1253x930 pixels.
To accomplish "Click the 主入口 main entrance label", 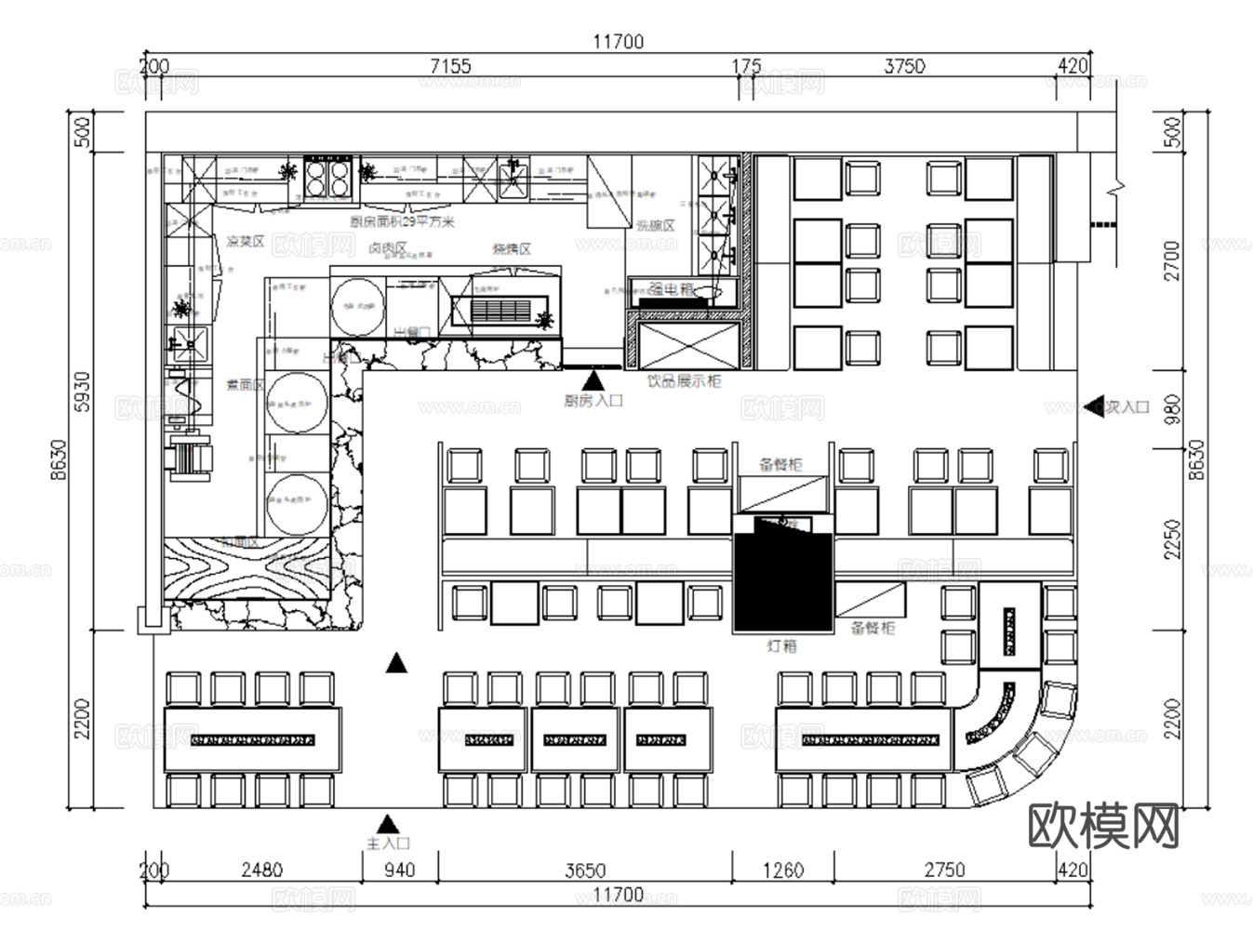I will (389, 844).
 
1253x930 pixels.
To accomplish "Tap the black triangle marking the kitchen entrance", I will (593, 379).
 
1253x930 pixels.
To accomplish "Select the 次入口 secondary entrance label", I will (1127, 407).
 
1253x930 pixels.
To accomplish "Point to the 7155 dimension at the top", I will (450, 66).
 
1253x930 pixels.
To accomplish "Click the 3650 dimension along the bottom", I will (585, 870).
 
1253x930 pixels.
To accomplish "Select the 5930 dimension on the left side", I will (83, 392).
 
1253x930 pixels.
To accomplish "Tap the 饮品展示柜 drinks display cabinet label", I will (684, 381).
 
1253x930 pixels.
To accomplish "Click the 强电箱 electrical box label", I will (671, 289).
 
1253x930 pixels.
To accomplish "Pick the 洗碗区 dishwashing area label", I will (656, 226).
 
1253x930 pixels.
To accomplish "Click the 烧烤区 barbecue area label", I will (512, 249).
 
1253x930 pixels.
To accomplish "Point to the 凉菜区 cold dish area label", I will (246, 242).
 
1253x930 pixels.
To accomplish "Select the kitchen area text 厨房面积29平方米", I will (402, 221).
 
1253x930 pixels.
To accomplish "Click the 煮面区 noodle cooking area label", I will (246, 384).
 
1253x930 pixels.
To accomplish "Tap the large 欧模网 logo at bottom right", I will (1103, 825).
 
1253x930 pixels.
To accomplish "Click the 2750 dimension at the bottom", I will (944, 870).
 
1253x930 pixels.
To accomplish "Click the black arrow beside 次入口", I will (1094, 407).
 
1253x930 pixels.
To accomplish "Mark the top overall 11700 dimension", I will (618, 41).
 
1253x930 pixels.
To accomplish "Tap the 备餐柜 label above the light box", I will (780, 464).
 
